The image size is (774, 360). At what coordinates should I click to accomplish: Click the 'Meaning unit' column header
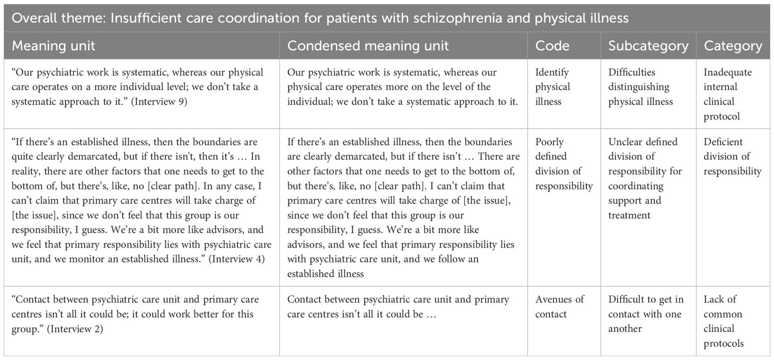pos(53,46)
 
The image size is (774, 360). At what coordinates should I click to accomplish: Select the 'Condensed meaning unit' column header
pos(367,46)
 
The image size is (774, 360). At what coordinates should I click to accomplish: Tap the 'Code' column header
pos(552,46)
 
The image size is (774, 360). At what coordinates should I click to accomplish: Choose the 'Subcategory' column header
pos(648,46)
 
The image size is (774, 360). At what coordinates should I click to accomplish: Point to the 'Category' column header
pos(733,46)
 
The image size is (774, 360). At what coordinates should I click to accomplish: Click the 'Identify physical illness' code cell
pos(552,87)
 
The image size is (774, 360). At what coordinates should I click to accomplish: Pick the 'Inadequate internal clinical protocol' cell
pos(727,94)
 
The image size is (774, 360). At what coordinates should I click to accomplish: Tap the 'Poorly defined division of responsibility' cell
pos(564,164)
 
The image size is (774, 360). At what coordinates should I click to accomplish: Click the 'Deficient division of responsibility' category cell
pos(732,156)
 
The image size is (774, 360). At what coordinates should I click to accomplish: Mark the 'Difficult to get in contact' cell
pos(644,314)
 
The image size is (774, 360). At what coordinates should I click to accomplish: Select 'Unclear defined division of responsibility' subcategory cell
pos(645,179)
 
